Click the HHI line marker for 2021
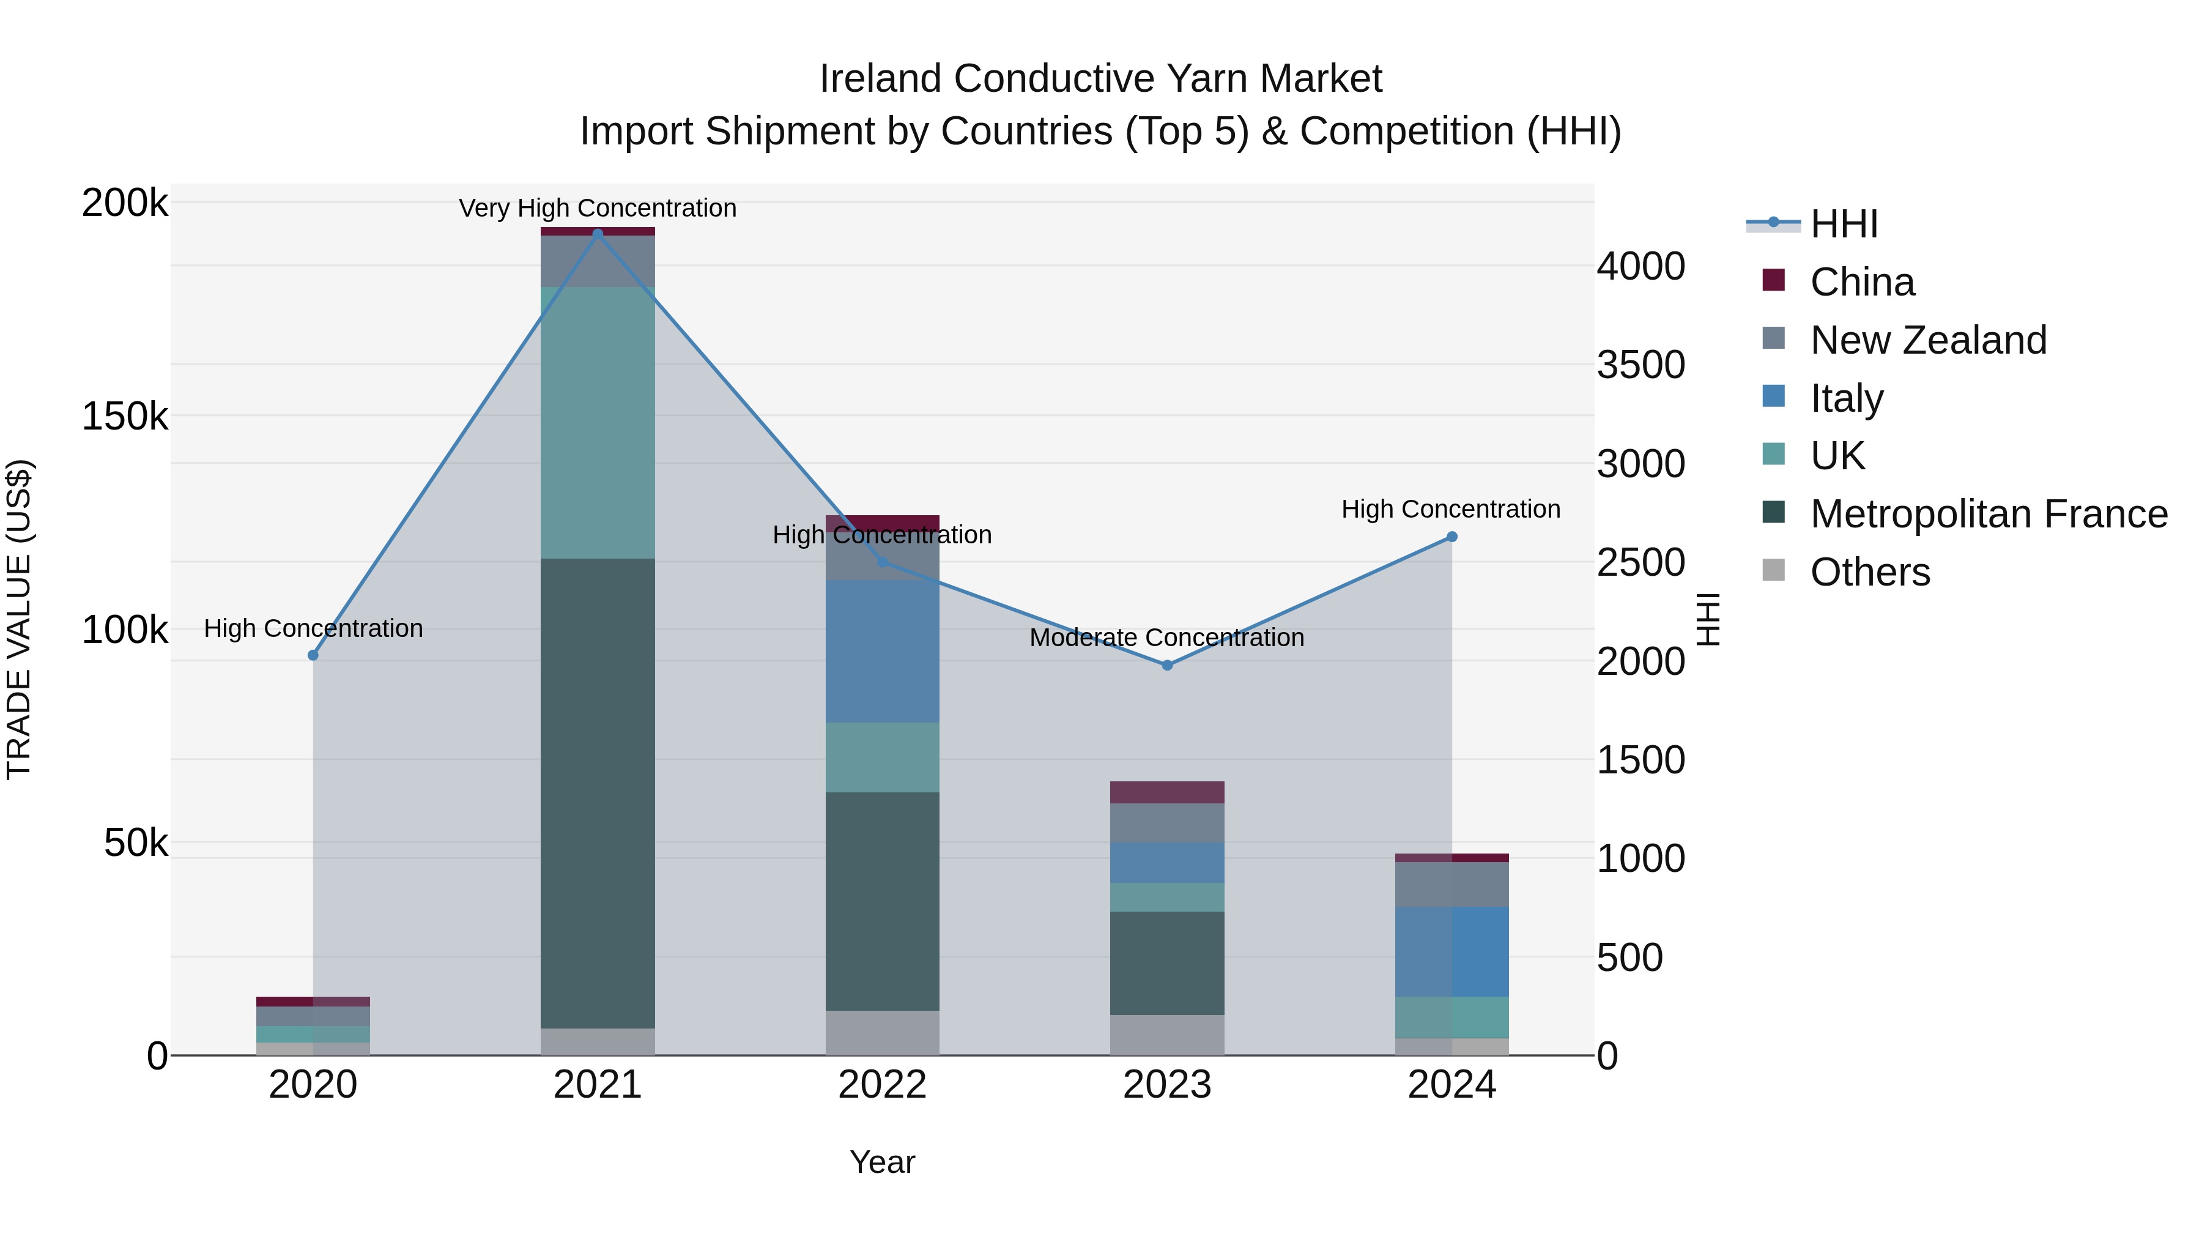point(598,234)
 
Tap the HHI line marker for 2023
point(1167,664)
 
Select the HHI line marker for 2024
point(1451,537)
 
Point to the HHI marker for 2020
point(313,655)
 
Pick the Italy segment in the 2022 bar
point(882,651)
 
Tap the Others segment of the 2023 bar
point(1167,1035)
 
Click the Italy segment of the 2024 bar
point(1451,951)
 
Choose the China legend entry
point(1862,282)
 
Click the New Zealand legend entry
point(1927,340)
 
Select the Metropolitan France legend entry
point(1989,514)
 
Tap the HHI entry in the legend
point(1843,224)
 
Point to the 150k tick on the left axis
point(125,417)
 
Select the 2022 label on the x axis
point(882,1085)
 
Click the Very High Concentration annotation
point(598,208)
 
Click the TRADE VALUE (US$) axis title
point(19,619)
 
